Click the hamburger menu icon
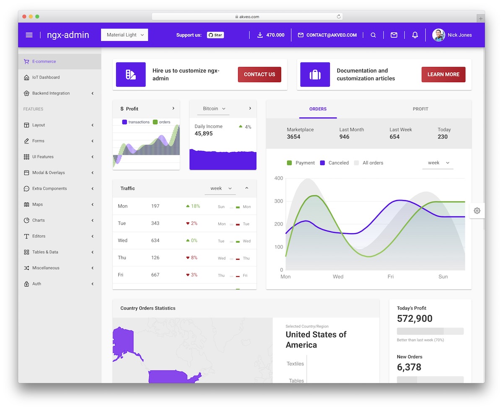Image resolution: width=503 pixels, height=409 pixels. tap(29, 35)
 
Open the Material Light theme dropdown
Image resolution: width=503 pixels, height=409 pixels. tap(124, 35)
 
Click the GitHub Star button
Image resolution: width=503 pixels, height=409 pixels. tap(215, 35)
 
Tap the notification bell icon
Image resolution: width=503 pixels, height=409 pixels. tap(415, 35)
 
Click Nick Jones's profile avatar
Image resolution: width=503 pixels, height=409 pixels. tap(438, 35)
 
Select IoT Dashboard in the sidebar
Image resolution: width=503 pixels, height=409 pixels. tap(46, 77)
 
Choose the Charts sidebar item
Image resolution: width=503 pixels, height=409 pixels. tap(38, 220)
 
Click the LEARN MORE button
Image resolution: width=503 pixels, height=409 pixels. tap(443, 74)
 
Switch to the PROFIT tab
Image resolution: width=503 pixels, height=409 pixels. tap(420, 109)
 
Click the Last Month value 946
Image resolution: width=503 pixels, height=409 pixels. tap(344, 137)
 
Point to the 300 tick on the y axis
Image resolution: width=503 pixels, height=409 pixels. tap(278, 201)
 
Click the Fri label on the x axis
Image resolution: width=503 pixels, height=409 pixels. tap(390, 277)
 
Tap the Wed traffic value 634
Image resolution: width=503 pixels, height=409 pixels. tap(155, 241)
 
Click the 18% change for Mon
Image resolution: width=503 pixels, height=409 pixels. tap(193, 206)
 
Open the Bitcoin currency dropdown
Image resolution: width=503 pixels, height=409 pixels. tap(214, 109)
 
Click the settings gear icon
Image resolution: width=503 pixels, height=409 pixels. tap(477, 211)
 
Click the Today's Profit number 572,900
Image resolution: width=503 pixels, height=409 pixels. tap(415, 319)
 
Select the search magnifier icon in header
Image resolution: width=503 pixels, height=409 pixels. tap(373, 35)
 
